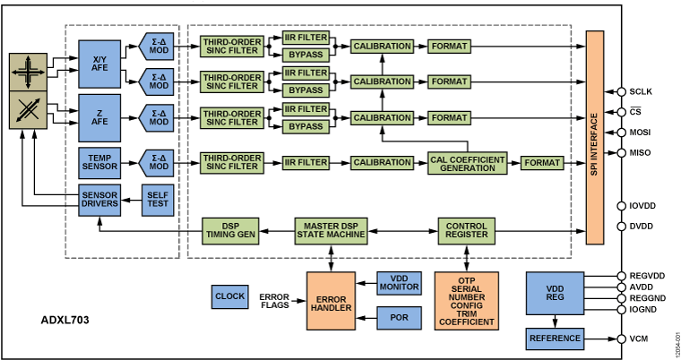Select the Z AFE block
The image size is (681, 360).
99,116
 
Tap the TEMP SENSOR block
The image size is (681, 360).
99,162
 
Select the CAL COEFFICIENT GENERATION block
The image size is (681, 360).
466,162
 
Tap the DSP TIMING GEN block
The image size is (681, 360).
230,230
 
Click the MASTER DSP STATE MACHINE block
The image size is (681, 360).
332,230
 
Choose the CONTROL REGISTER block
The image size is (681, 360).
466,230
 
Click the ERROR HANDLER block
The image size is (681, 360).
332,301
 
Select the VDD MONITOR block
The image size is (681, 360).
399,283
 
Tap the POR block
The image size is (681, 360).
399,317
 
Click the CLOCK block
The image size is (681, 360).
229,296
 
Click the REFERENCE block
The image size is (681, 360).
554,339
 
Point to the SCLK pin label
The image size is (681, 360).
642,91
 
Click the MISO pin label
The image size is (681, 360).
642,152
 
